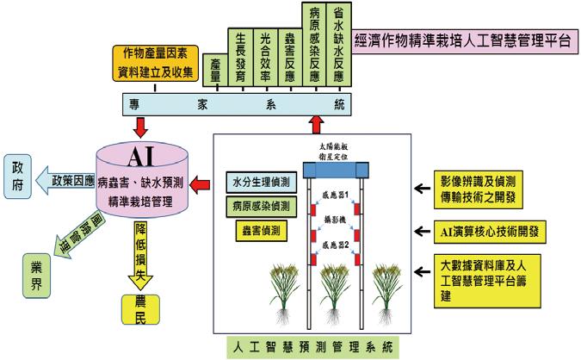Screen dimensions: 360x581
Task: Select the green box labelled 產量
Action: coord(218,73)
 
